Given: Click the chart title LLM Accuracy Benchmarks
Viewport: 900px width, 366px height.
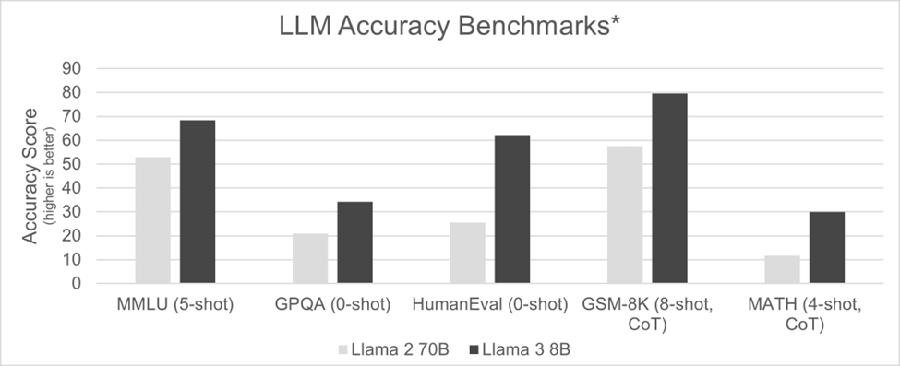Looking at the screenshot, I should (x=449, y=29).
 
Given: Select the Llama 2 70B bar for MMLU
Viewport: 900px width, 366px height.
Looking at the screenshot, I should (x=152, y=220).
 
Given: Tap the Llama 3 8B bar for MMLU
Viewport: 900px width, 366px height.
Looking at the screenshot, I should (x=198, y=202).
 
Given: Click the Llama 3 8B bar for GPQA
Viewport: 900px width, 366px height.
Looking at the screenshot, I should (x=355, y=242).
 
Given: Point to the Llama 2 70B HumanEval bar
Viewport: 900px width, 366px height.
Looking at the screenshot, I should (x=467, y=253).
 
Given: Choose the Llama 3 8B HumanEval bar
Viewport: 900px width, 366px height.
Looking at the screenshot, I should (x=512, y=209).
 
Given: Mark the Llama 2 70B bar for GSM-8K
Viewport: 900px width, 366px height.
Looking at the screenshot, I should (x=625, y=215).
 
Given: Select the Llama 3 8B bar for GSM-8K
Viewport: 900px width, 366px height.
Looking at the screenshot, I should (x=669, y=188).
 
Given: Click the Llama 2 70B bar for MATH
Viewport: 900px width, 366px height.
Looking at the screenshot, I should (x=782, y=269).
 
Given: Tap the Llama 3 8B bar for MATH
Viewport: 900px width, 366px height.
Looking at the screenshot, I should (x=827, y=247).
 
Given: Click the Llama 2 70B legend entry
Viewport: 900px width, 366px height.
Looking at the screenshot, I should (x=391, y=349).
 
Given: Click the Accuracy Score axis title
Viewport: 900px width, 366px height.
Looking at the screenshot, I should (x=31, y=175).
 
